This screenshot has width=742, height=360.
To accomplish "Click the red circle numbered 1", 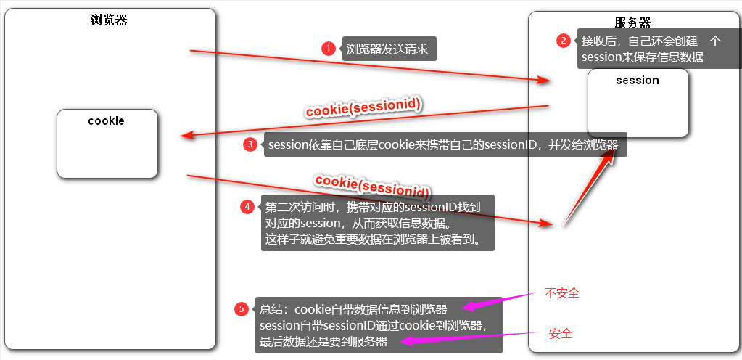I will tap(328, 49).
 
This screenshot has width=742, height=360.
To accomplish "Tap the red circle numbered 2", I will tap(563, 41).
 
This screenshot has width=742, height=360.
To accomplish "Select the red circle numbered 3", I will tap(250, 144).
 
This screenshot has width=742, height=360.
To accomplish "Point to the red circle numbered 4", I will tap(247, 206).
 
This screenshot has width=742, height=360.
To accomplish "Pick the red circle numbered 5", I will tap(243, 308).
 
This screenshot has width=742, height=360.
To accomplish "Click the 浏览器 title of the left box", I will tap(109, 20).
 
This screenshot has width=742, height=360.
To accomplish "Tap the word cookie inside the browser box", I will tap(107, 120).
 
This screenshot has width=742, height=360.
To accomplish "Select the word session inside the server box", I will tap(637, 80).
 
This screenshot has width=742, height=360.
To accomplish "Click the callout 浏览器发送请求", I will tap(388, 49).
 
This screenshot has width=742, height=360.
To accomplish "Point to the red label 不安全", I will tap(562, 293).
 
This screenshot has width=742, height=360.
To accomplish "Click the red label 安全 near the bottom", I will tap(561, 334).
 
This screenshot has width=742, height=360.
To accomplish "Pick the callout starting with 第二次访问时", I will tap(377, 223).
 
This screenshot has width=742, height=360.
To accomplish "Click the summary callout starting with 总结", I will tap(378, 324).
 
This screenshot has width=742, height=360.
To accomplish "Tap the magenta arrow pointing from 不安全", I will tap(500, 300).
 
